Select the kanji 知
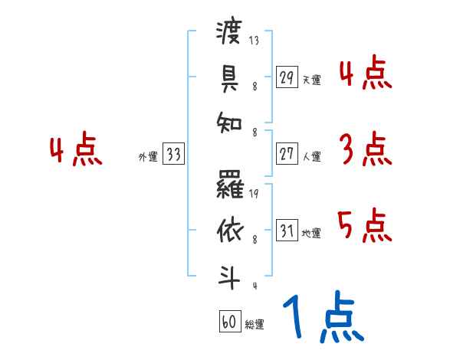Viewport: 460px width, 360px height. coord(229,123)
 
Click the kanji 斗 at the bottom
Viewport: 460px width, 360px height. coord(229,277)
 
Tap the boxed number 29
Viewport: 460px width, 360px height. coord(287,77)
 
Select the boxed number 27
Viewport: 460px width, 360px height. coord(287,154)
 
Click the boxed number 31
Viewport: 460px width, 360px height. coord(287,231)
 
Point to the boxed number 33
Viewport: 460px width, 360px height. coord(173,154)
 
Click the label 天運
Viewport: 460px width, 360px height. coord(311,80)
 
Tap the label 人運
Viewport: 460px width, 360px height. coord(311,156)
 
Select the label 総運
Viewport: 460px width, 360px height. coord(255,325)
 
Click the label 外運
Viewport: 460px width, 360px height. coord(148,156)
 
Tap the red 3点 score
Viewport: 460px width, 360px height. coord(364,149)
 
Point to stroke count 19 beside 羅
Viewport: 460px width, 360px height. coord(255,194)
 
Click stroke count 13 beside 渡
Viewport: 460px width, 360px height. coord(255,41)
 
